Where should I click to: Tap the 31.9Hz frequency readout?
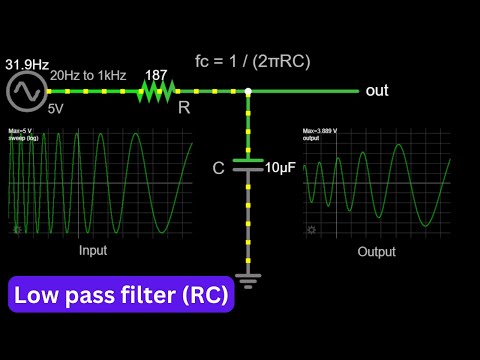27,64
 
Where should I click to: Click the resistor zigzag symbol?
156,91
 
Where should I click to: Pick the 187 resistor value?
156,74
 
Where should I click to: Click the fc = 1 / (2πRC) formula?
252,61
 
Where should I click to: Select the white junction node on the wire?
247,91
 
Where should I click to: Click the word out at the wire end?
376,91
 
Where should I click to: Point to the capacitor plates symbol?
247,164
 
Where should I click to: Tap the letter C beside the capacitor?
219,168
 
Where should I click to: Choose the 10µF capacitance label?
279,168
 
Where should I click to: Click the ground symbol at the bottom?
247,277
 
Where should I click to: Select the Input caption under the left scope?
93,251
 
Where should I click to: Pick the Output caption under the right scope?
376,252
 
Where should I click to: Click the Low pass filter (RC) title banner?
120,296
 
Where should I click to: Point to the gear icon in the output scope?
311,230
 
